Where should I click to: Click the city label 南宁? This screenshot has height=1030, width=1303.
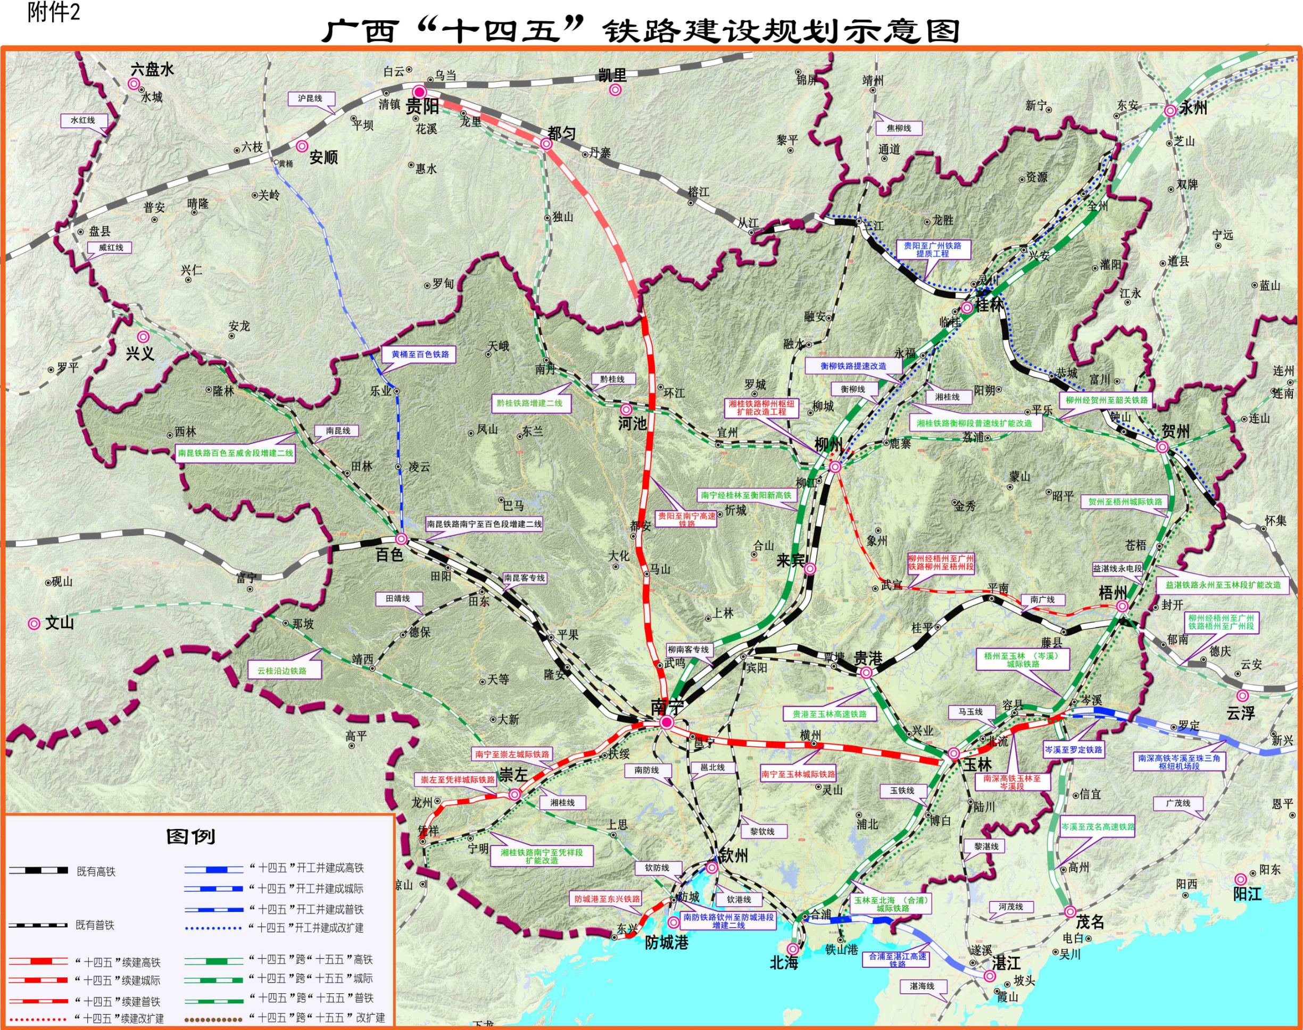(666, 706)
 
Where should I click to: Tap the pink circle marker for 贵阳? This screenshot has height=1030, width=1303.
(420, 92)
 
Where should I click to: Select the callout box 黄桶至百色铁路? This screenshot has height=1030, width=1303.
(420, 354)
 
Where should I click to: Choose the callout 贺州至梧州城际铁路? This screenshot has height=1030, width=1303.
(1125, 502)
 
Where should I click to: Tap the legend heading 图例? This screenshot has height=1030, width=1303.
(190, 836)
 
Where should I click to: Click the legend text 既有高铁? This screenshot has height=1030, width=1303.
(96, 871)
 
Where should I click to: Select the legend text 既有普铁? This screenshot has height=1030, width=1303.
(95, 925)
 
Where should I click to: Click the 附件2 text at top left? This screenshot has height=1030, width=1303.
(54, 13)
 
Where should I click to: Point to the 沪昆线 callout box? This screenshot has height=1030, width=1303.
(310, 98)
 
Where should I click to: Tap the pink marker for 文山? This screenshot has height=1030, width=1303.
(35, 624)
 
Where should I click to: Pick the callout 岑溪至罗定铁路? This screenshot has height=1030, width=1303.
(1073, 750)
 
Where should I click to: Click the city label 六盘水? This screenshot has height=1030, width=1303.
(152, 69)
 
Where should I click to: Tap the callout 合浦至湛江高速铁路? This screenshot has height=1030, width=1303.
(897, 959)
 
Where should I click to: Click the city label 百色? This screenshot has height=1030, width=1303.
(389, 554)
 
